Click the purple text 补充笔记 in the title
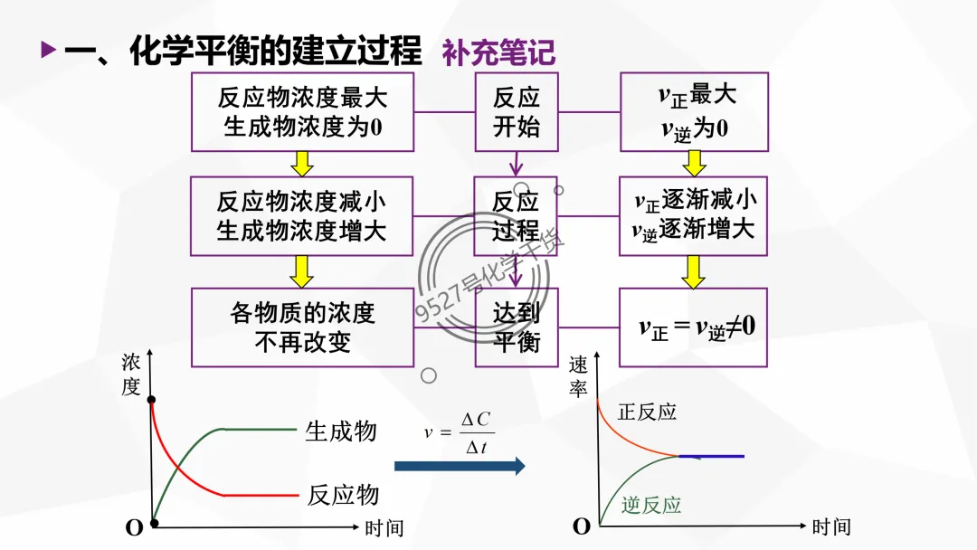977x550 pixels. coord(498,52)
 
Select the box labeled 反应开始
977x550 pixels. coord(517,111)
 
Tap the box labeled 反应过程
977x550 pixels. coord(517,215)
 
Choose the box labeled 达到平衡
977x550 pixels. coord(517,327)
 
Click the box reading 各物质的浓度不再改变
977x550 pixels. coord(302,327)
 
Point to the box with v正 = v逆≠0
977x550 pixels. coord(694,327)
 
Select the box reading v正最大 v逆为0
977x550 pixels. coord(694,111)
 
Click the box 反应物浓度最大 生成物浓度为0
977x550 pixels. coord(302,111)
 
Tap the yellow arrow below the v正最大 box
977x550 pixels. coord(694,164)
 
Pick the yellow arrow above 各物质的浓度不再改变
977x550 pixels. coord(302,270)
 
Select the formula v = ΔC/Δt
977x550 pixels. coord(460,432)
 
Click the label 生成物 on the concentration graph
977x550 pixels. coord(341,431)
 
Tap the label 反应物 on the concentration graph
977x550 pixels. coord(343,495)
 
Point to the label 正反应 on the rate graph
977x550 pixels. coord(647,412)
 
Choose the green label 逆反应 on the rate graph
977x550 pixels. coord(651,505)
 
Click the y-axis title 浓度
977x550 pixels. coord(131,375)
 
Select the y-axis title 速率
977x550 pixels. coord(578,376)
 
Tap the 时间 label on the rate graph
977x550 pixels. coord(830,526)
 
